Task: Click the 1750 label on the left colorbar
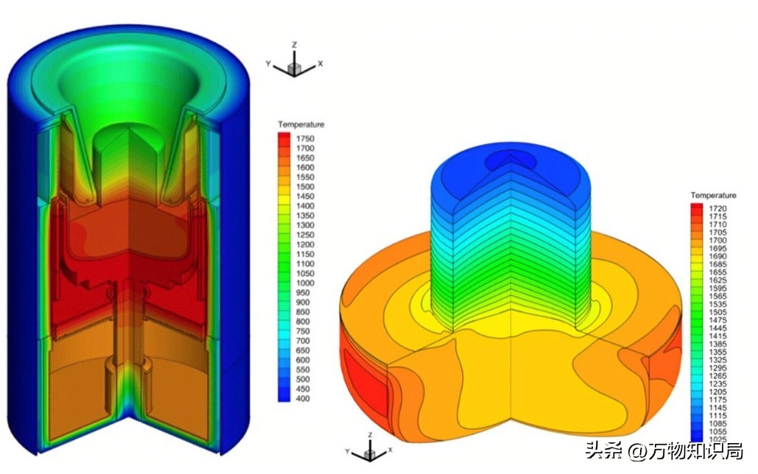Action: (305, 138)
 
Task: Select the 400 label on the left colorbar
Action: (303, 399)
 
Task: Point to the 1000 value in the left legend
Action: (305, 283)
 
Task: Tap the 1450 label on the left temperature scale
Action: (305, 197)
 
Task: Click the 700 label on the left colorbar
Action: (303, 341)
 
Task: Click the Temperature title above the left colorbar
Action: (301, 124)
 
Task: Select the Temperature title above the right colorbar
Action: (713, 195)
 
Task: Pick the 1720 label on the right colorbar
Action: (718, 208)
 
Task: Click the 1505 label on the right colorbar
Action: (718, 312)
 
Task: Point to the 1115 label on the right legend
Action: (718, 416)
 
